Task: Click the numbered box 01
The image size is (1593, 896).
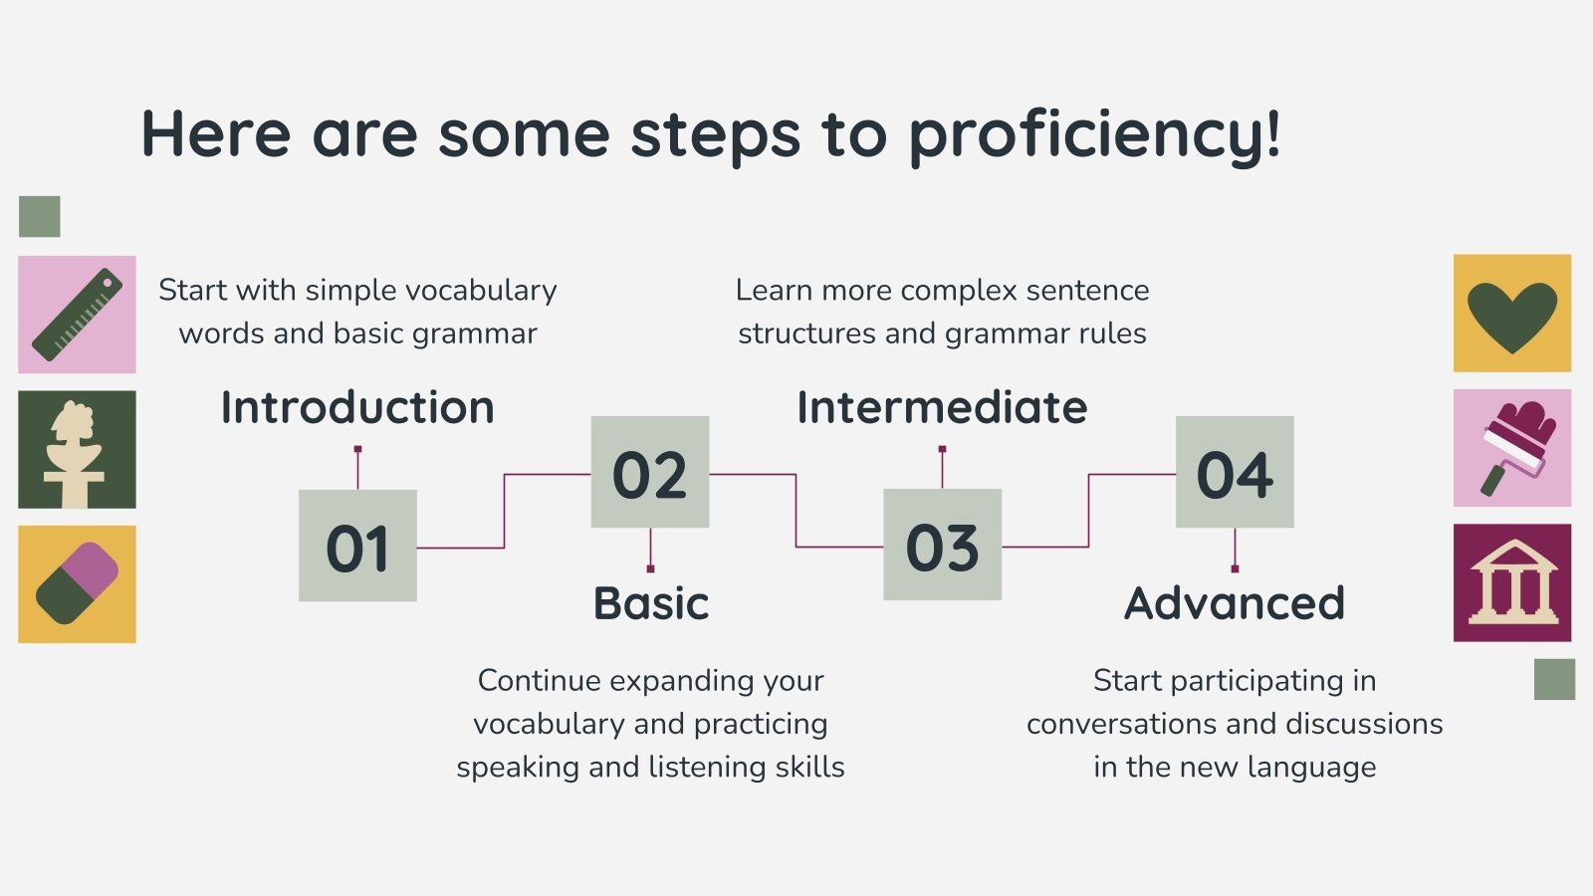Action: coord(357,546)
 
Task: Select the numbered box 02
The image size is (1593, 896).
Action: coord(650,472)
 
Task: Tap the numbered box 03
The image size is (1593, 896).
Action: coord(942,545)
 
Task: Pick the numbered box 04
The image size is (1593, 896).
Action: coord(1235,472)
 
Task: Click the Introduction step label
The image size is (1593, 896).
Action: coord(357,407)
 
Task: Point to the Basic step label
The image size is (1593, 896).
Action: coord(651,603)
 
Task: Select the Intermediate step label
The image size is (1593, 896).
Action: coord(942,407)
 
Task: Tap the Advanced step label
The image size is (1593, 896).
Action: coord(1235,603)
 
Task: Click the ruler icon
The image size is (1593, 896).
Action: coord(77,315)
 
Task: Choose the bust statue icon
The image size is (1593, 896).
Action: coord(74,454)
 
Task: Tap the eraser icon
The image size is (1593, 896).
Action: coord(77,583)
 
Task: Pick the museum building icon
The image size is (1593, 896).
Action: coord(1513,582)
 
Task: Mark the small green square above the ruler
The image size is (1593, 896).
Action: coord(40,216)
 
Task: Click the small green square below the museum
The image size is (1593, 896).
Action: coord(1554,679)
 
